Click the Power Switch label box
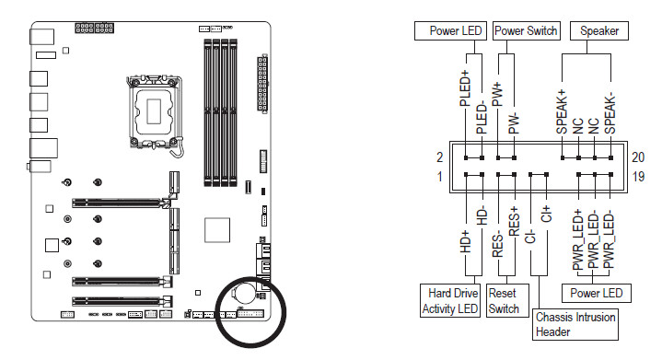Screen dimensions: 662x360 coord(526,30)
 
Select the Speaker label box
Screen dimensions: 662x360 coord(599,30)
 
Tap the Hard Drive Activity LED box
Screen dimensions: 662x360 coord(449,300)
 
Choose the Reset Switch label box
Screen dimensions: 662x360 coord(507,300)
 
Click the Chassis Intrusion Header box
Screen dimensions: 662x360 coord(575,324)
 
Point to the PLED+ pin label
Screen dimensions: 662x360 coord(465,88)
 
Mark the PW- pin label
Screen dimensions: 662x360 coord(514,123)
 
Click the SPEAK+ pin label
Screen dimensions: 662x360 coord(562,111)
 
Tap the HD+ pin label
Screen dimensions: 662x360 coord(465,241)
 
